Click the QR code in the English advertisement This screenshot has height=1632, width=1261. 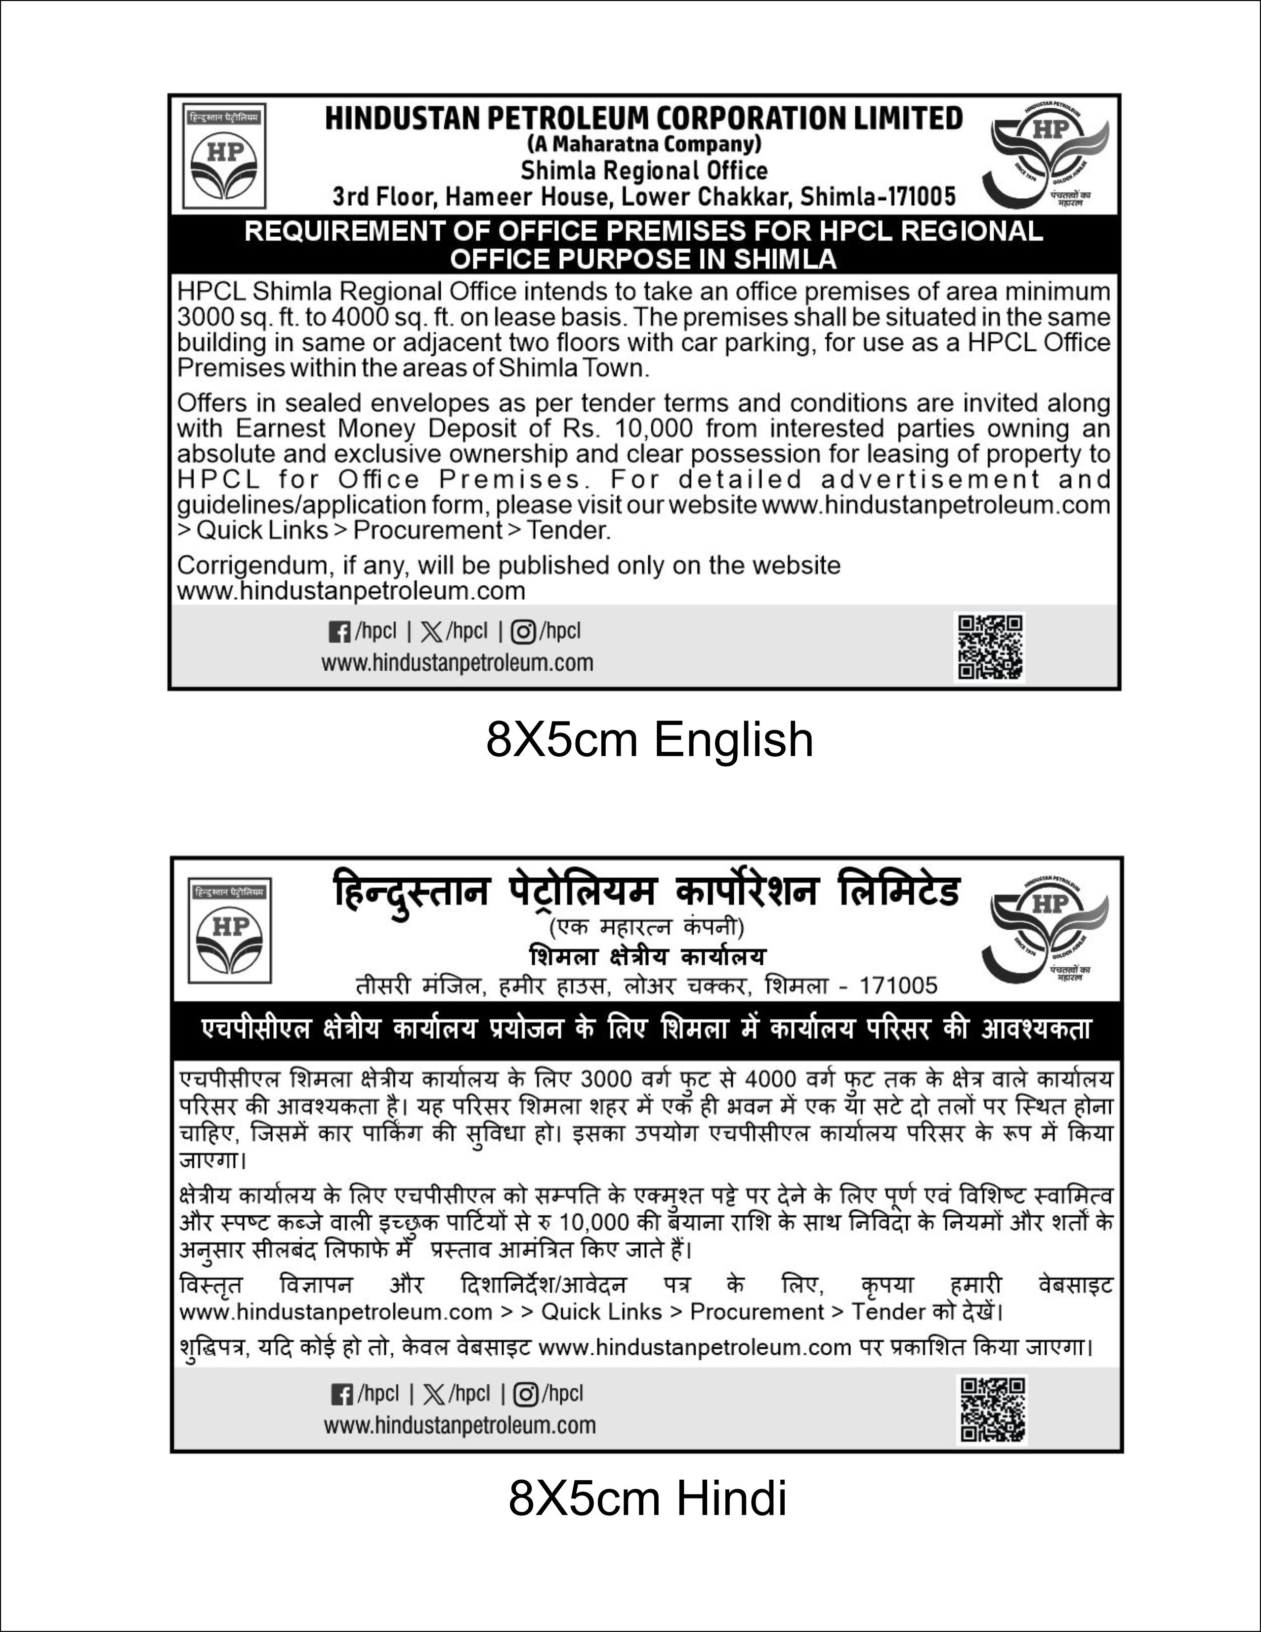[991, 646]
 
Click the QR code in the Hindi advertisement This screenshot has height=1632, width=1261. [993, 1409]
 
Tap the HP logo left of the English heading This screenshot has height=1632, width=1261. [225, 156]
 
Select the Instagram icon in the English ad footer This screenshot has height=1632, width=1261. [523, 632]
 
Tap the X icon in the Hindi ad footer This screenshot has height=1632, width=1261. [434, 1394]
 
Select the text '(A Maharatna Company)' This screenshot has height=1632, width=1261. [643, 143]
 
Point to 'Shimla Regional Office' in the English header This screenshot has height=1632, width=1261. [644, 171]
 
